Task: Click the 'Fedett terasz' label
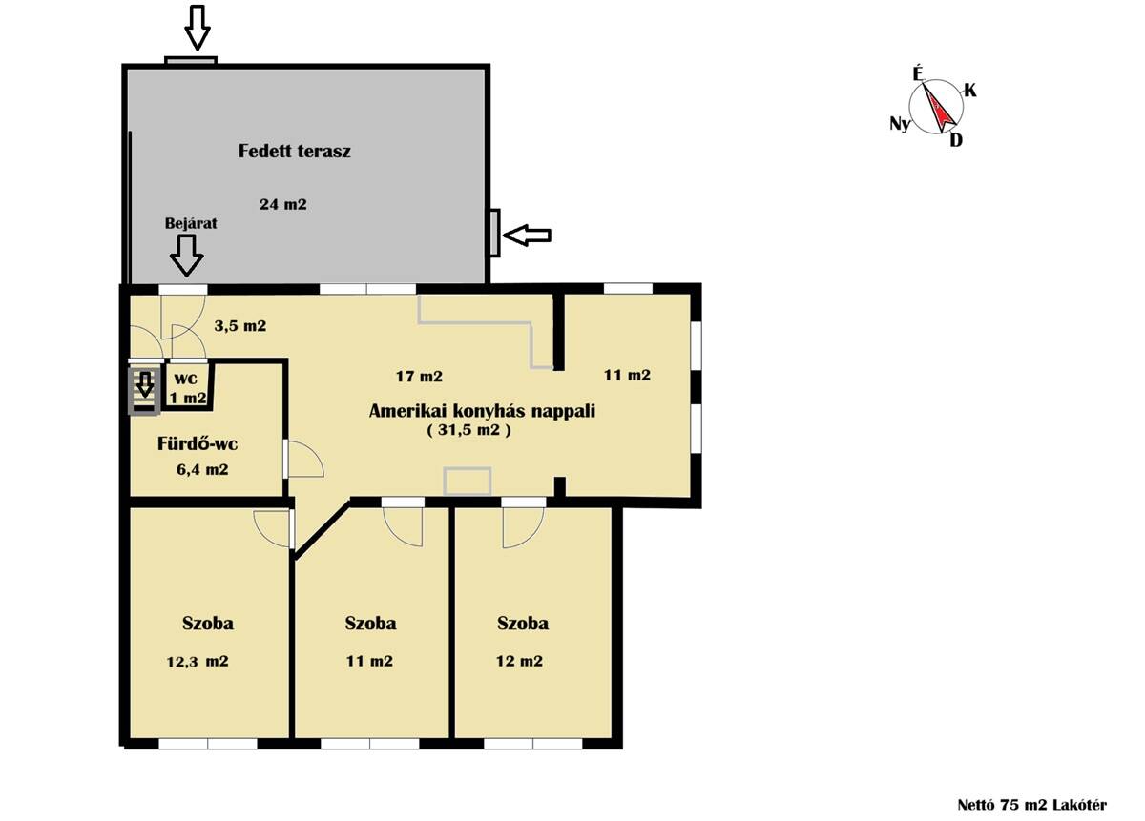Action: pyautogui.click(x=295, y=152)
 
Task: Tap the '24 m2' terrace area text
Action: pyautogui.click(x=283, y=204)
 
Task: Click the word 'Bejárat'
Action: pyautogui.click(x=191, y=224)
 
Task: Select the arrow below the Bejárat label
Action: pyautogui.click(x=187, y=256)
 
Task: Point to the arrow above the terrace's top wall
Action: pyautogui.click(x=198, y=28)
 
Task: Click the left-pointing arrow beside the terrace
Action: pyautogui.click(x=527, y=236)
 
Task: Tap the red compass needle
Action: pyautogui.click(x=939, y=109)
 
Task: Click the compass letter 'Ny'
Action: pyautogui.click(x=900, y=124)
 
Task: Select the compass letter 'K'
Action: pyautogui.click(x=970, y=91)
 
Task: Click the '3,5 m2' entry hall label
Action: pyautogui.click(x=240, y=326)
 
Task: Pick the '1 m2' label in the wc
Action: pyautogui.click(x=188, y=398)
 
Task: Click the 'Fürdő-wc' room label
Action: pyautogui.click(x=198, y=443)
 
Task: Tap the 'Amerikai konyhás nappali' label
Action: pyautogui.click(x=482, y=411)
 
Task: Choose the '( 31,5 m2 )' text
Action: pyautogui.click(x=468, y=430)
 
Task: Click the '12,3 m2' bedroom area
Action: pyautogui.click(x=198, y=662)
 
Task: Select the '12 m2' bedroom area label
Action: pyautogui.click(x=519, y=661)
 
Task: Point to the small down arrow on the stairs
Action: pyautogui.click(x=146, y=384)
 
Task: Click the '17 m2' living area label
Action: pyautogui.click(x=419, y=377)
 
